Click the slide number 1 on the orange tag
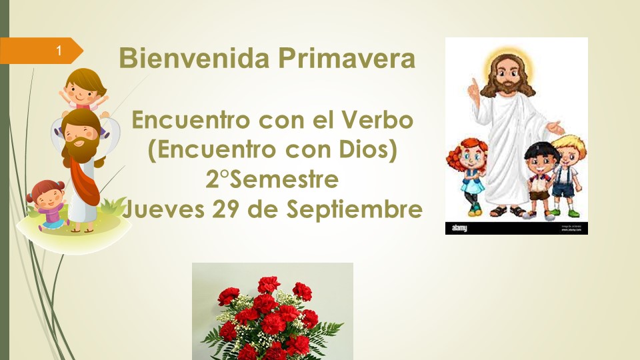pos(59,50)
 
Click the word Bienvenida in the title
pos(195,57)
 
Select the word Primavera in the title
pos(347,57)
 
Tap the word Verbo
pos(377,120)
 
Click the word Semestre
pos(285,179)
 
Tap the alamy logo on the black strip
pos(459,228)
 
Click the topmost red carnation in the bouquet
pos(269,284)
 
